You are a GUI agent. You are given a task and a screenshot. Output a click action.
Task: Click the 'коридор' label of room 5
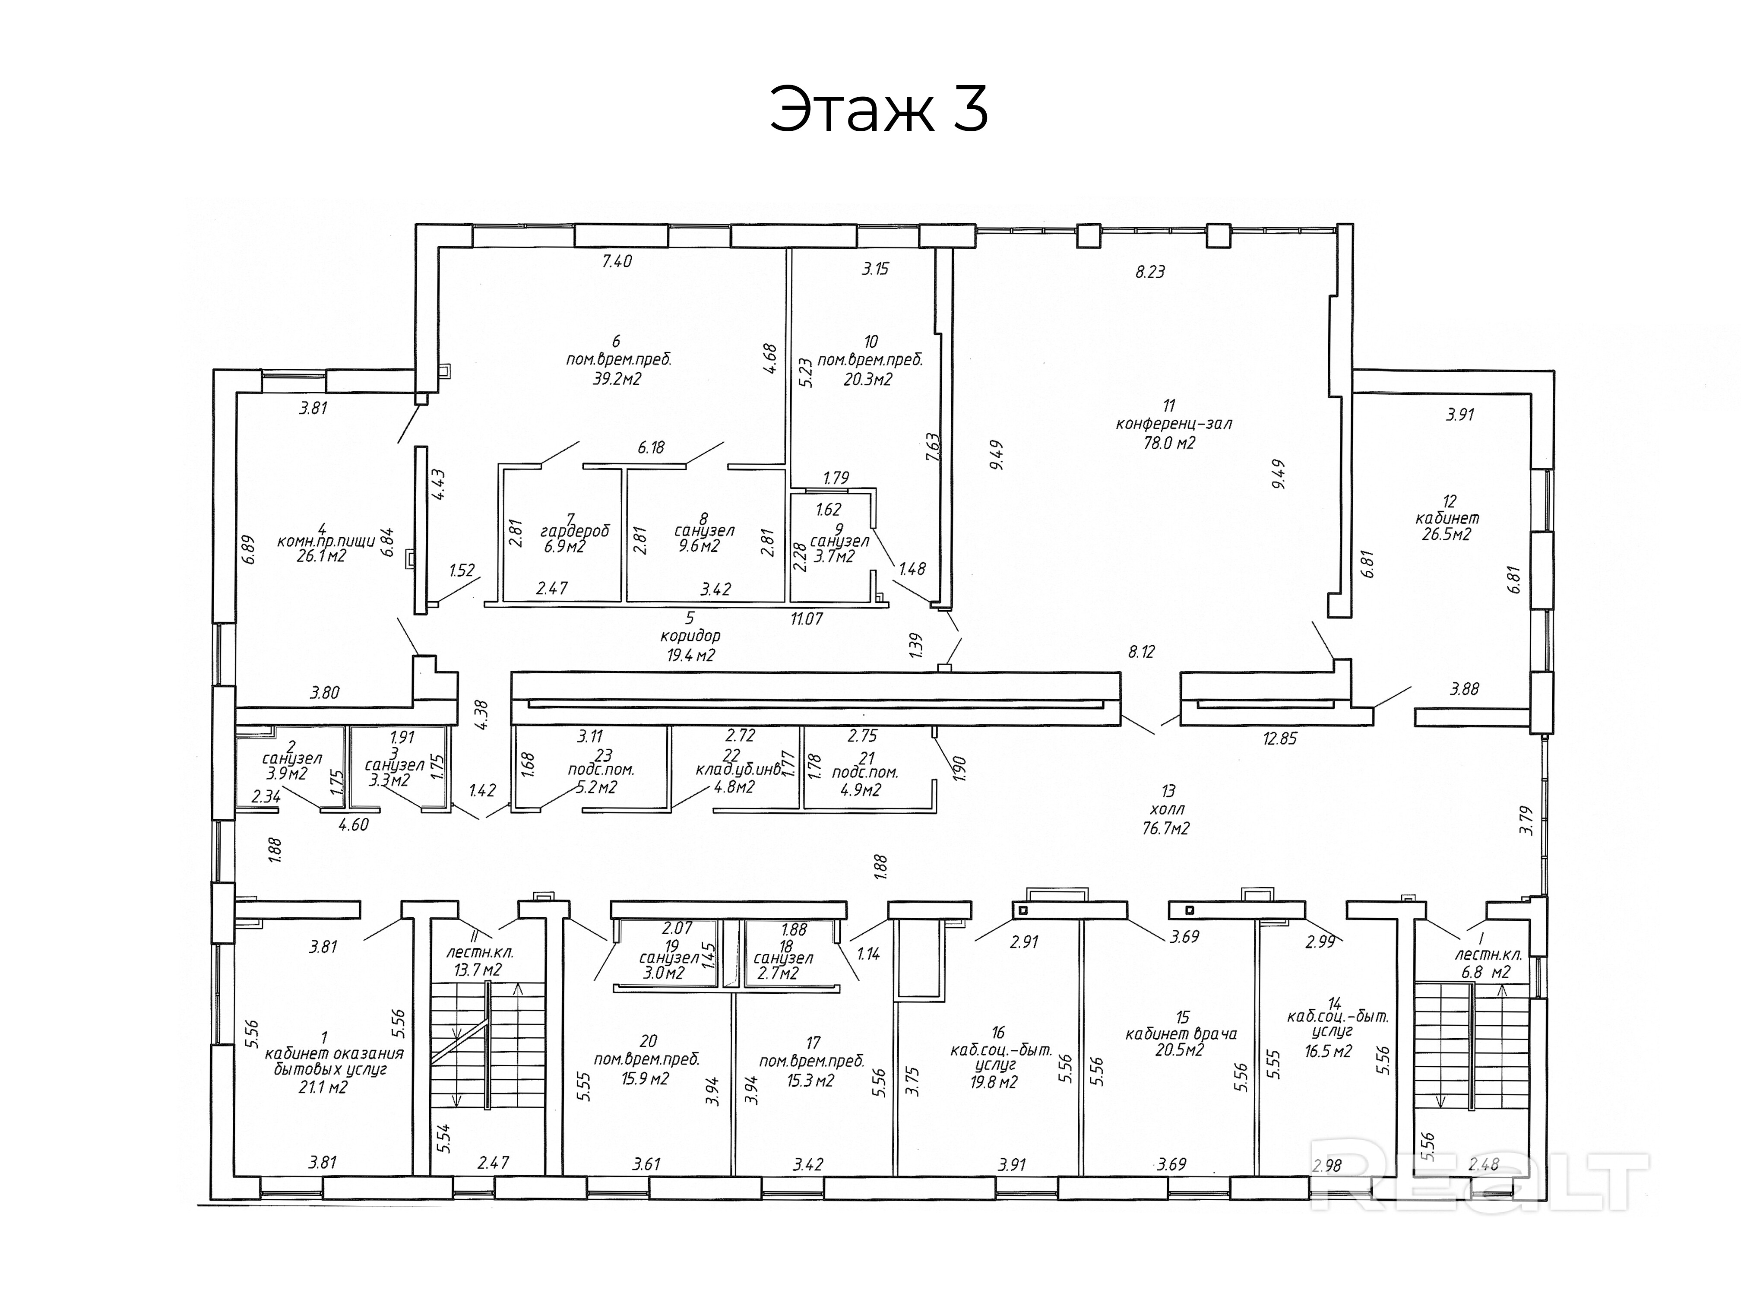click(691, 636)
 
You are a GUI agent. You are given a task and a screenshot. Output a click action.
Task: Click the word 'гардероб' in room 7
click(575, 531)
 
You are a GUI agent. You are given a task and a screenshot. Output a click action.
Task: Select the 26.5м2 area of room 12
click(1447, 535)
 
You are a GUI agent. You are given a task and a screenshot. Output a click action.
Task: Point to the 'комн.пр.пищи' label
click(321, 542)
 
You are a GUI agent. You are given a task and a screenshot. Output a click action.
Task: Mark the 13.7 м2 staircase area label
click(478, 970)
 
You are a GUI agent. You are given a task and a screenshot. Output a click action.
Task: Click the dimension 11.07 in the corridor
click(807, 619)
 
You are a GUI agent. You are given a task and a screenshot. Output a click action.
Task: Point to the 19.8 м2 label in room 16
click(994, 1082)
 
